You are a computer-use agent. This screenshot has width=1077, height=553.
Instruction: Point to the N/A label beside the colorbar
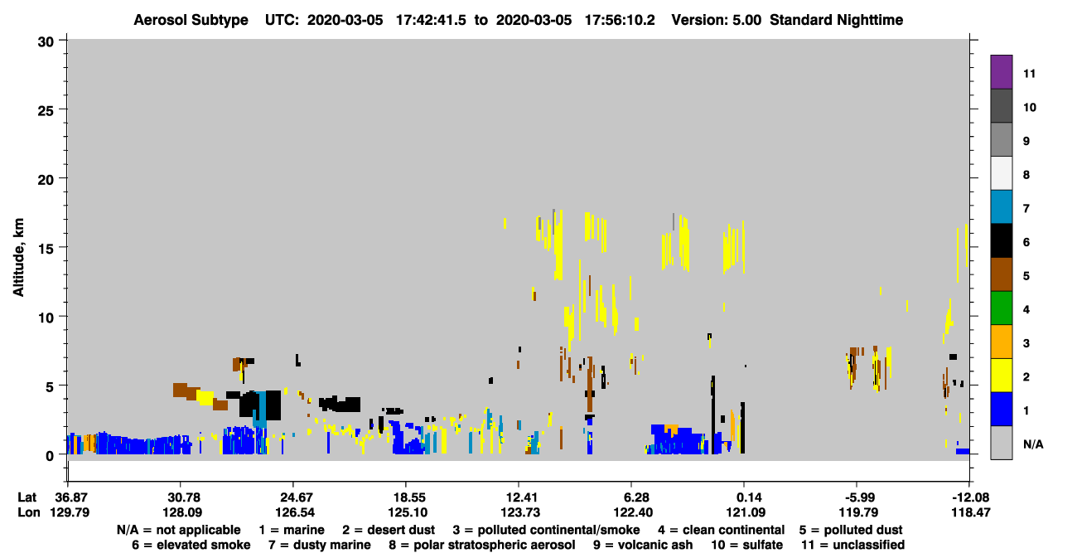[1033, 444]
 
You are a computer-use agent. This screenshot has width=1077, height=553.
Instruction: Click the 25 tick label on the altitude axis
[46, 111]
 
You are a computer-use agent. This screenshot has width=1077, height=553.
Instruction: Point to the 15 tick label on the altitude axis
[46, 249]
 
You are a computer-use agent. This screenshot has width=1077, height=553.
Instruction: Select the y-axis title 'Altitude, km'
[18, 258]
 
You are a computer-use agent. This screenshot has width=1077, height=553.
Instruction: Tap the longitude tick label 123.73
[520, 512]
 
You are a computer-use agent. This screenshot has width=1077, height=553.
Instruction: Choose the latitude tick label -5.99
[859, 497]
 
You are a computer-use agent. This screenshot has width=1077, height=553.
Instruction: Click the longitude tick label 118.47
[970, 512]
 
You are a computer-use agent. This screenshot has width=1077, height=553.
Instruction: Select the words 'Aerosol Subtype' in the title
[191, 20]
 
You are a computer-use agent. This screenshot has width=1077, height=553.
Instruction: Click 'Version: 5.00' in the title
[717, 20]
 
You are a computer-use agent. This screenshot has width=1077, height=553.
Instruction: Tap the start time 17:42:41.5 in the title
[431, 20]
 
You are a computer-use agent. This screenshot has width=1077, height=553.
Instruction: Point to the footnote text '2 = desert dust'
[389, 530]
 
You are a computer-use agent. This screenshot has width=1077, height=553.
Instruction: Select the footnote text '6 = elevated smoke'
[191, 545]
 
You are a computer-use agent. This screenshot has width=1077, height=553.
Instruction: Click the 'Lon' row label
[29, 512]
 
